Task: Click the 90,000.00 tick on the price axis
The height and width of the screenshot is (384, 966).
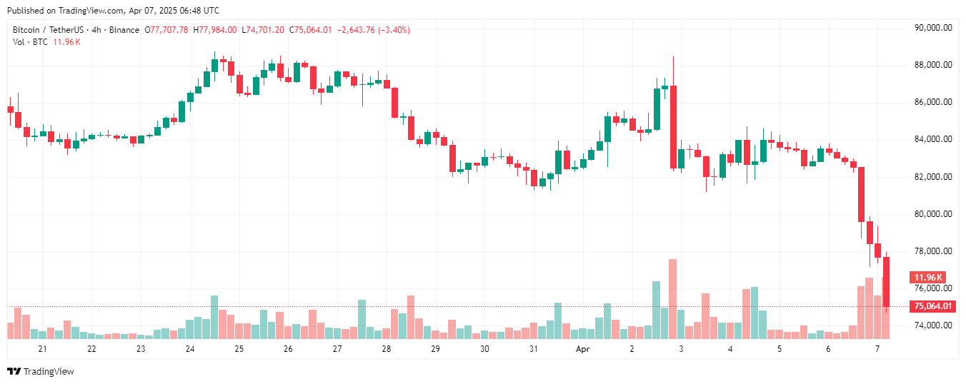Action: point(933,28)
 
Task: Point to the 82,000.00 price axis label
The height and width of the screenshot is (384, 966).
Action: point(933,177)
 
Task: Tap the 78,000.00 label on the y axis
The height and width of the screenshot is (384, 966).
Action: point(933,251)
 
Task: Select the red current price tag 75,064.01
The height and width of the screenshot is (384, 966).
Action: point(933,306)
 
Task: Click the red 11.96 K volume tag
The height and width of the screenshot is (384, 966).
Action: point(927,277)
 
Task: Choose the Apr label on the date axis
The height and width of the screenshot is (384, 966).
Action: point(583,349)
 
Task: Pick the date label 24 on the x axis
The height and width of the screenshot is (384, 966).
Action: point(190,349)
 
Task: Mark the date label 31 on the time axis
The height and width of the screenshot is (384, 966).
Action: point(534,349)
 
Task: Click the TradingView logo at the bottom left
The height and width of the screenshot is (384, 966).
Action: point(41,371)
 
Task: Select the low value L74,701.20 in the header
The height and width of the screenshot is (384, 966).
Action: point(264,30)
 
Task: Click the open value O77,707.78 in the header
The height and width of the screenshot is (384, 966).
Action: point(167,30)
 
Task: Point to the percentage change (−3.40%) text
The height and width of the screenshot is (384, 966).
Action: point(389,30)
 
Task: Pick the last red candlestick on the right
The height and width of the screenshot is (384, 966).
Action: point(887,282)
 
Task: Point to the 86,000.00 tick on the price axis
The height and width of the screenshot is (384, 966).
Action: point(933,103)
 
